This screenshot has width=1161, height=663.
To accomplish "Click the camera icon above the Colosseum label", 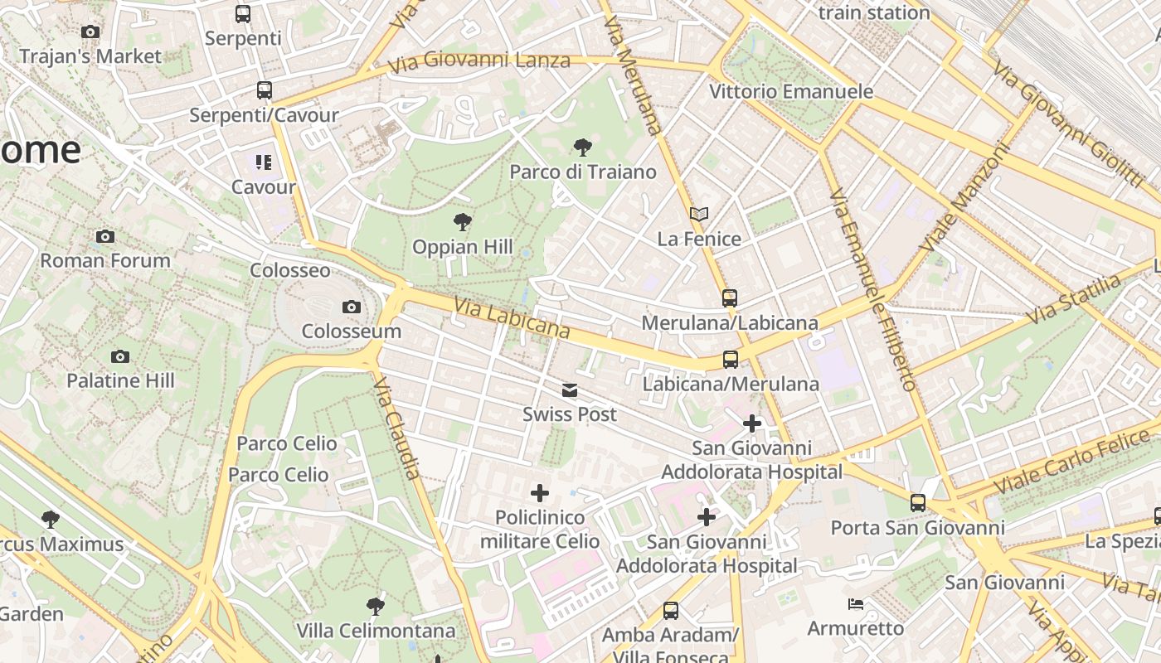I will (352, 307).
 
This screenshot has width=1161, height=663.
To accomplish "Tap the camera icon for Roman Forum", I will (105, 237).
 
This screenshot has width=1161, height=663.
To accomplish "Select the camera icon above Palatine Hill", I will (120, 357).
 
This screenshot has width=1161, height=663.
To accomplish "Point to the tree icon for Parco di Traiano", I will (583, 148).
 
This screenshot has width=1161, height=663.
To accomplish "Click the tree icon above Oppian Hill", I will (463, 222).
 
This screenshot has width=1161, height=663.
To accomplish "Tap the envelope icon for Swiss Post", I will (570, 390).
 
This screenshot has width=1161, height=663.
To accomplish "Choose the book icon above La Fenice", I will (699, 215).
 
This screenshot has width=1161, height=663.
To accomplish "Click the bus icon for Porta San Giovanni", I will (917, 503).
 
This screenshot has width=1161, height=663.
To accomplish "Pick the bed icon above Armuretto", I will (856, 604).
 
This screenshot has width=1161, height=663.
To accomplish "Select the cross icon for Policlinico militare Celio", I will (540, 494).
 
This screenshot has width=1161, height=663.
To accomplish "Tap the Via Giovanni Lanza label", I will (496, 60).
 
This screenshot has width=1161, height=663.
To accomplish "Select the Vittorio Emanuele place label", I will (790, 91).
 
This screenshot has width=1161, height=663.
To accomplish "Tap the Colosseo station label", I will (290, 271).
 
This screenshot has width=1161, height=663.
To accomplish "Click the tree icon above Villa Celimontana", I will (376, 606).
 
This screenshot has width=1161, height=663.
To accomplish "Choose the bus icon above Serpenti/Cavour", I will (265, 90).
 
